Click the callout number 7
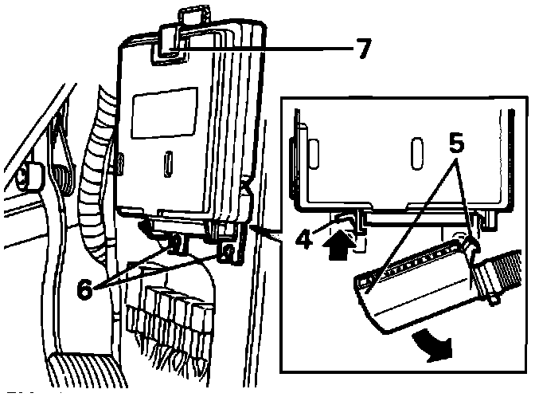[361, 49]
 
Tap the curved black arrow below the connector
[434, 345]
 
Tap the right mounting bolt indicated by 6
[228, 254]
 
